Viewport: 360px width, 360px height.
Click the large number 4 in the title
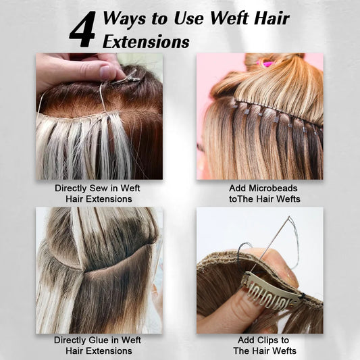(x=83, y=29)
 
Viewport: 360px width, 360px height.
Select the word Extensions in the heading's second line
(x=146, y=42)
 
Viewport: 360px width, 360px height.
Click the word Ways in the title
(x=124, y=18)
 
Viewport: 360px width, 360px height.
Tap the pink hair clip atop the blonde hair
(x=266, y=62)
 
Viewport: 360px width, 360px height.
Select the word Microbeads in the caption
(x=273, y=188)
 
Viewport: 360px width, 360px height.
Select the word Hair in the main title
(x=272, y=18)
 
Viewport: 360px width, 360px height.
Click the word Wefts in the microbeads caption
(x=288, y=199)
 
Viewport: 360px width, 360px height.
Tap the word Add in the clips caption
(x=245, y=340)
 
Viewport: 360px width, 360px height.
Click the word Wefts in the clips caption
(x=284, y=351)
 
